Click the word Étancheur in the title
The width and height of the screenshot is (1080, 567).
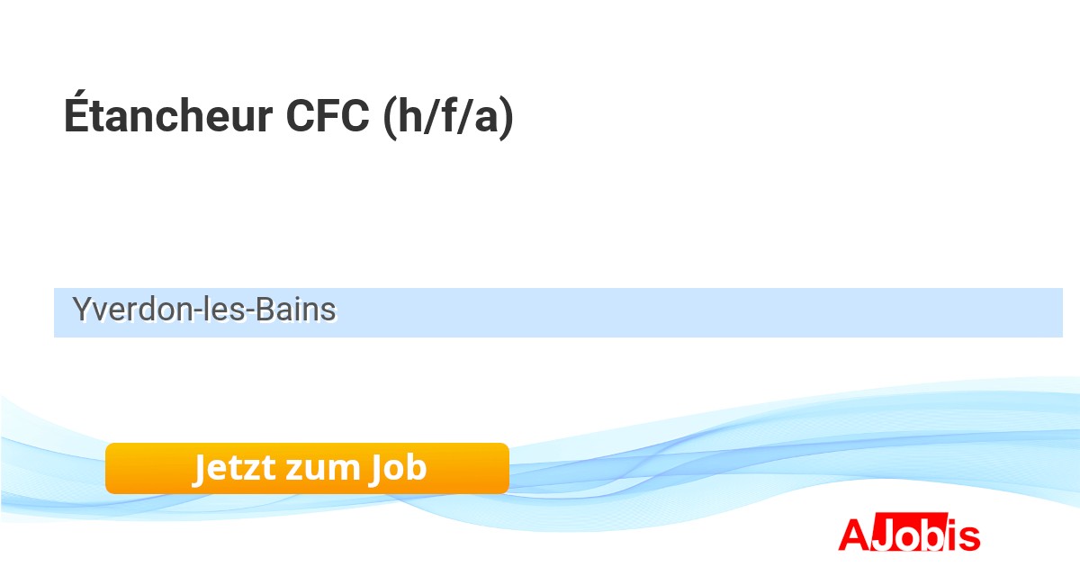point(167,117)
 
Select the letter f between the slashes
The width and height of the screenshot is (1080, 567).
point(446,117)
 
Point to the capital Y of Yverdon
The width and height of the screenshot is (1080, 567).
point(82,310)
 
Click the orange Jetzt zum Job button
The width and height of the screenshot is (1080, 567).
point(307,468)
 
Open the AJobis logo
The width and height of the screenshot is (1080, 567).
point(909,535)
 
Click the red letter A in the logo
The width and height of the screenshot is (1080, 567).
point(854,535)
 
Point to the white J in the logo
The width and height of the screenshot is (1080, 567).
point(882,535)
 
